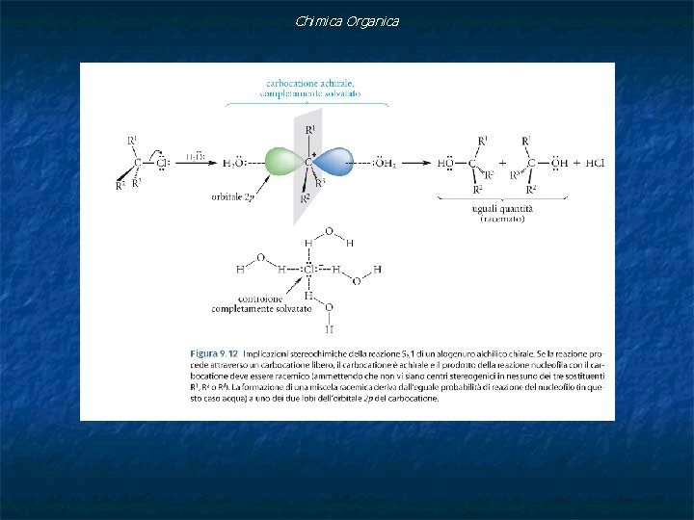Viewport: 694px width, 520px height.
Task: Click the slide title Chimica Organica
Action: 347,21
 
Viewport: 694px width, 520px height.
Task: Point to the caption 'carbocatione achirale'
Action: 307,84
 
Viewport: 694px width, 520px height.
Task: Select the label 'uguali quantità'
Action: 502,209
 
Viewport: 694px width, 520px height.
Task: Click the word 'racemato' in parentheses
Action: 502,220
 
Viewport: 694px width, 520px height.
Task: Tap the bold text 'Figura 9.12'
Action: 214,353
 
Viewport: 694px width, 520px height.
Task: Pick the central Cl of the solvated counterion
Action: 308,270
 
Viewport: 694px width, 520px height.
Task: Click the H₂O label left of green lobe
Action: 236,163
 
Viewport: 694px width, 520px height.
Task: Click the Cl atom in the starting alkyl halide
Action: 162,163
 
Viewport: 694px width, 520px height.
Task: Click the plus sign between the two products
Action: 502,163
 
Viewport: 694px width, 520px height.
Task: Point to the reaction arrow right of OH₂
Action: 420,163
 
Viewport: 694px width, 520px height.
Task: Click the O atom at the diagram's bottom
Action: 329,308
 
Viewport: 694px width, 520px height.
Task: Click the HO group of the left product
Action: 445,163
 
